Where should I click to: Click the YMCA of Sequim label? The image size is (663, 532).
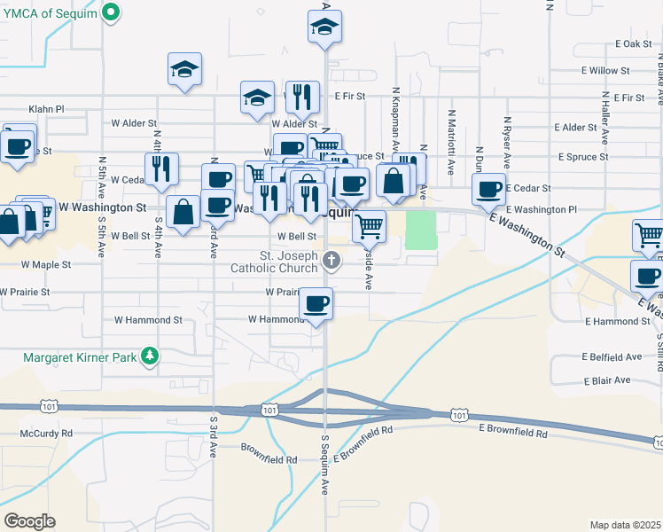[47, 12]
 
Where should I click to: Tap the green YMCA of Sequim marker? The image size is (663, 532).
[110, 12]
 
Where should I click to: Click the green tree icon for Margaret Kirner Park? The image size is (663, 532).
[152, 356]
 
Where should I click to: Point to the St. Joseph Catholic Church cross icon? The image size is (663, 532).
[331, 260]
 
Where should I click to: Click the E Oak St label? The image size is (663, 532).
[633, 43]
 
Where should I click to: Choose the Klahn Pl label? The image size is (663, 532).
[47, 109]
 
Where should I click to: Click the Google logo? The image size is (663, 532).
[30, 520]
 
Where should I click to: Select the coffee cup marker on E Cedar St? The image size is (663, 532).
[488, 188]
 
